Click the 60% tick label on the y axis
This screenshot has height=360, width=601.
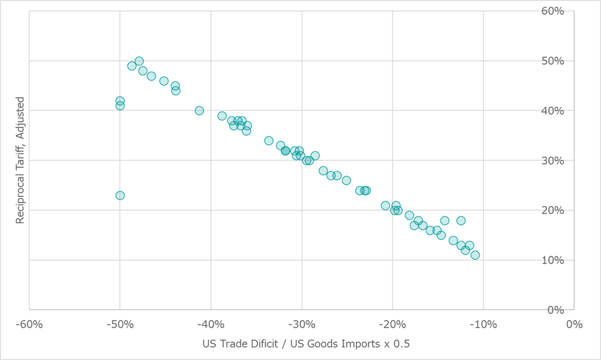pos(587,11)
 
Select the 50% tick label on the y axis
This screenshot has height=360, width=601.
pos(587,61)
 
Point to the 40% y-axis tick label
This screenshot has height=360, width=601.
pos(587,111)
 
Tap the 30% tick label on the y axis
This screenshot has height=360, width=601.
pos(587,161)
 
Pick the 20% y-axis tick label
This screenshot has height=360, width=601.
pos(587,210)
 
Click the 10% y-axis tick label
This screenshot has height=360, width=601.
pos(587,260)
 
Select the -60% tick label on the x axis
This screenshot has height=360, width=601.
pos(30,324)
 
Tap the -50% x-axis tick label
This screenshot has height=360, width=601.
pos(120,324)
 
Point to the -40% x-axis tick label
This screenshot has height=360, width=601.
pos(211,324)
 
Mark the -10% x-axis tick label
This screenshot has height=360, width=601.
pos(483,324)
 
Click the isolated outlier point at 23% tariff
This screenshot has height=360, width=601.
pos(120,196)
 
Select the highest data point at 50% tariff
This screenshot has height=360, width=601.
pos(139,62)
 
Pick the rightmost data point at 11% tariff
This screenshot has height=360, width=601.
pos(475,255)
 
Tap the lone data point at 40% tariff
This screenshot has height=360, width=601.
pos(199,110)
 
